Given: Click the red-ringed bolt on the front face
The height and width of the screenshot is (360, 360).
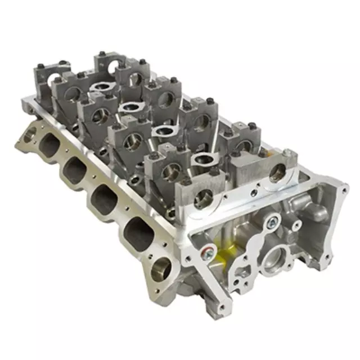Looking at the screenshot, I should click(x=209, y=251).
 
